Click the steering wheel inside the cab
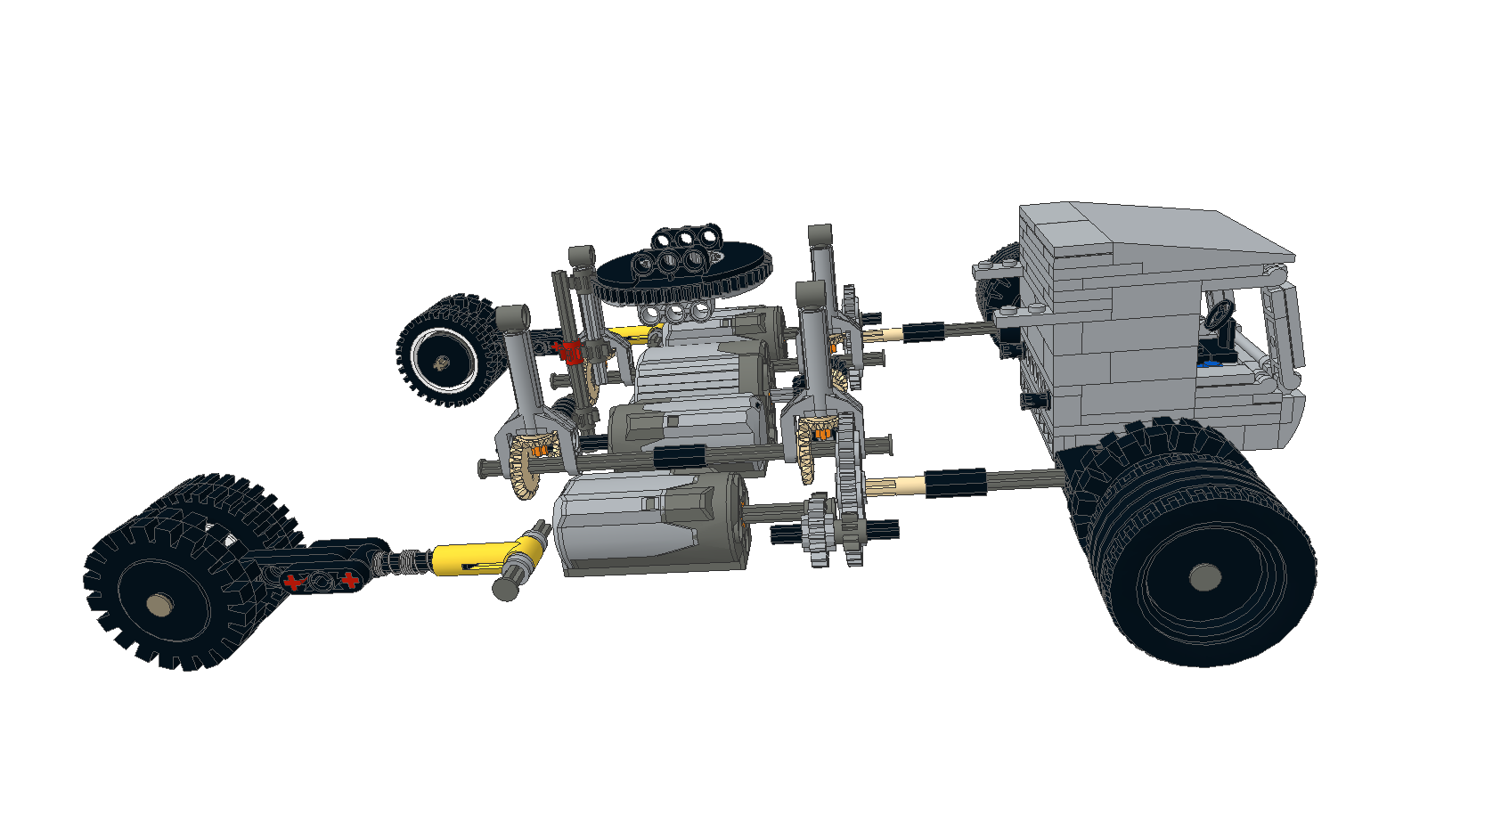coord(1220,313)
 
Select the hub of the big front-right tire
coord(1204,576)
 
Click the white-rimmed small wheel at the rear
coord(443,361)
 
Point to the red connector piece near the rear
coord(571,352)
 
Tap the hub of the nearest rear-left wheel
coord(160,606)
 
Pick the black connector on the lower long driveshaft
coord(955,482)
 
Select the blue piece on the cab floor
coord(1208,363)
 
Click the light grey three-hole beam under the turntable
coord(677,313)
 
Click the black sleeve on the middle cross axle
coord(679,457)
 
